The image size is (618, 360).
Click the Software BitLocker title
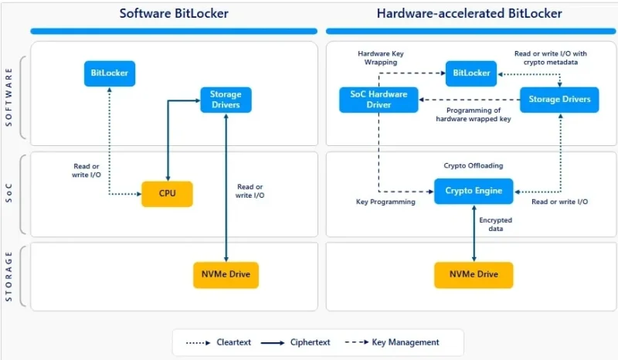tap(173, 13)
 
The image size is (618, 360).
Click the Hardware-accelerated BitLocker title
tap(469, 13)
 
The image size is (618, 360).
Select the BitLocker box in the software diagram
tap(109, 73)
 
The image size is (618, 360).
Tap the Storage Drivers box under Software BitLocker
tap(226, 100)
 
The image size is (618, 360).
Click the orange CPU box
tap(167, 193)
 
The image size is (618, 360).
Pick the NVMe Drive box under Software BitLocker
tap(226, 274)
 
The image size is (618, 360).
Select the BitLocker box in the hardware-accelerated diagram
tap(471, 73)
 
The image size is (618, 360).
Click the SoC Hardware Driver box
tap(379, 100)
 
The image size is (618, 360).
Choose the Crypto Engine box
tap(474, 191)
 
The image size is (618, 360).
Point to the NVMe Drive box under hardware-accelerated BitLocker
tap(474, 274)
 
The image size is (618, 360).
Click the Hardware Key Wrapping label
tap(380, 58)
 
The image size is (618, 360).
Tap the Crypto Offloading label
tap(474, 165)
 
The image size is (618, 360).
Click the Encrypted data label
tap(495, 225)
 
